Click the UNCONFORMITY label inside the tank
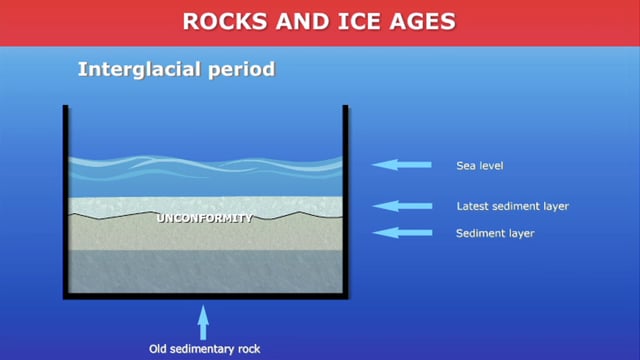[x=206, y=217]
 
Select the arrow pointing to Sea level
[x=400, y=165]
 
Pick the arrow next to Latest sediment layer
[x=400, y=207]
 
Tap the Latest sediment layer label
[x=511, y=207]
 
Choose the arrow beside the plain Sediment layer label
[x=400, y=233]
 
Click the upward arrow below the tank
[x=204, y=322]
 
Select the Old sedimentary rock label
[x=204, y=349]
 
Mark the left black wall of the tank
[x=66, y=200]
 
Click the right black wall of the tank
[x=345, y=200]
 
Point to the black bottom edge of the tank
[x=206, y=295]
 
